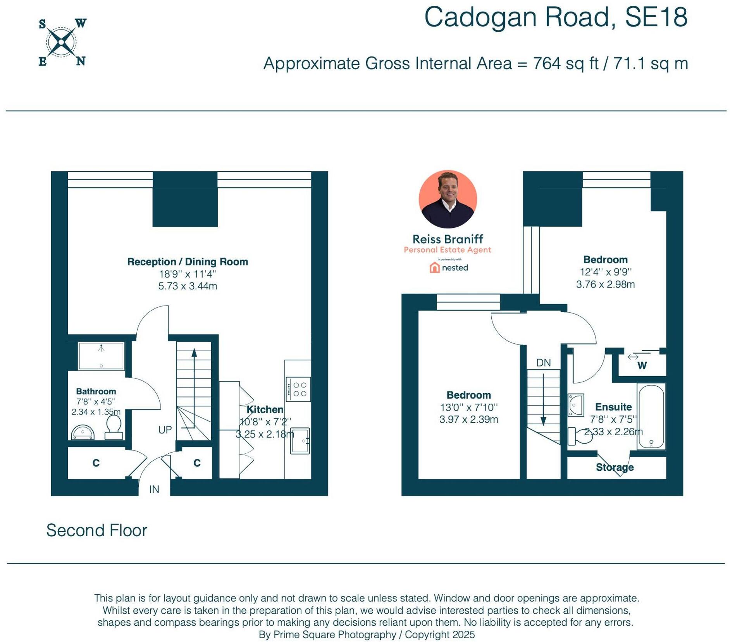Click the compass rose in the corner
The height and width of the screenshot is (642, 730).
pos(62,42)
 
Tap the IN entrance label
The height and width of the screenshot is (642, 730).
pos(154,489)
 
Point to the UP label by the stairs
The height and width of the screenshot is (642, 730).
pos(165,430)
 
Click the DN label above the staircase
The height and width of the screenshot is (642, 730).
pos(543,363)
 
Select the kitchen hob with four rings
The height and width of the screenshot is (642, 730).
pos(298,389)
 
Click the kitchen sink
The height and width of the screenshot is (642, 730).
pos(300,441)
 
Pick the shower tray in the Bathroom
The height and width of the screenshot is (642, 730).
pos(101,356)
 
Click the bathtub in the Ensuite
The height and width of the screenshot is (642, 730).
pos(651,417)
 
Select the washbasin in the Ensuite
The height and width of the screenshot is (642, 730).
pos(576,405)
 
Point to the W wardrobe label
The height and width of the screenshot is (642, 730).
pos(642,366)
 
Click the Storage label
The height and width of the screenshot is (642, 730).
pos(615,467)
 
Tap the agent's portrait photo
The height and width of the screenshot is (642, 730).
pos(448,199)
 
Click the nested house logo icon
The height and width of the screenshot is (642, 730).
pos(434,268)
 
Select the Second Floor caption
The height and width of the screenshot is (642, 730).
pos(97,530)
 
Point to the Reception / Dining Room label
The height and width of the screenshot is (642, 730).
pos(188,262)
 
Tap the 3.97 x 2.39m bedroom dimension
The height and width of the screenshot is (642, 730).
pos(468,419)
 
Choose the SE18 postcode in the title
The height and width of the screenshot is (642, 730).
pos(656,17)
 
